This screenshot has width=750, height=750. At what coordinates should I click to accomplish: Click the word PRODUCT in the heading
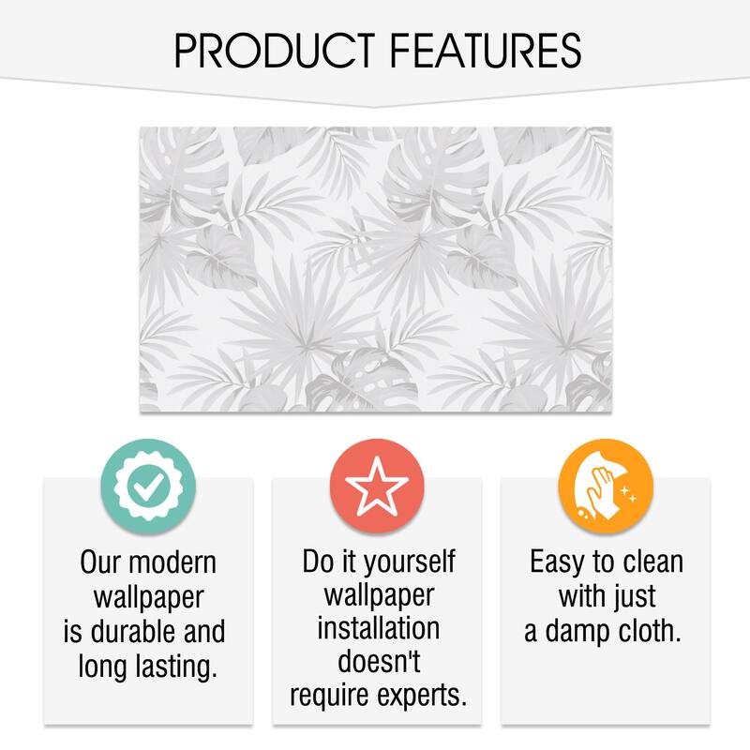275,51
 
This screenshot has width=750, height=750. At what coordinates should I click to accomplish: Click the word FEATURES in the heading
486,51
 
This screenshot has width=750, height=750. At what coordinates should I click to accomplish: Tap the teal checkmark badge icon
148,487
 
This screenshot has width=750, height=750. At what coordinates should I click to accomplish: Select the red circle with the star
377,487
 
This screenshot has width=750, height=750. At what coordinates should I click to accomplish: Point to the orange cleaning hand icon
606,487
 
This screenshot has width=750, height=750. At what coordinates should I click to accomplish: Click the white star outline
377,486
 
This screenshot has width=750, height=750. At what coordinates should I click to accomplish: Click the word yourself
410,562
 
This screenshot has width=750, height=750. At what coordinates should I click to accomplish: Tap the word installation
379,628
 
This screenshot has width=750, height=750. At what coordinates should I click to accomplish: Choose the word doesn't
379,662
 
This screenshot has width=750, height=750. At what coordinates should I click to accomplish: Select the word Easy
557,562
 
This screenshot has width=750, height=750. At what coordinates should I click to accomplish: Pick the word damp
578,632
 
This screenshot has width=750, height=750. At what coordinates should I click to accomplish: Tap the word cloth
650,631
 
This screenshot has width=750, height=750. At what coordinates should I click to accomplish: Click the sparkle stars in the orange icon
628,494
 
